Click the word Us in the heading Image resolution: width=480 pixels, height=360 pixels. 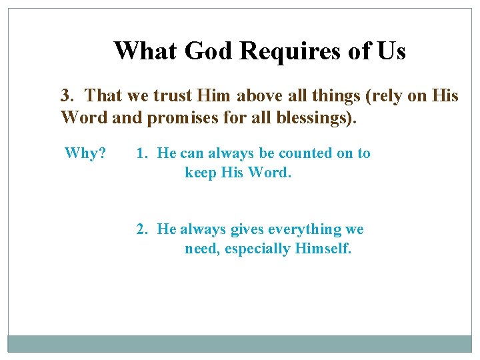[x=391, y=51]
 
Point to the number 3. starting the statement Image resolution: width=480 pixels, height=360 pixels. [x=69, y=96]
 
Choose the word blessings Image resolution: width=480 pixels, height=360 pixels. [x=317, y=118]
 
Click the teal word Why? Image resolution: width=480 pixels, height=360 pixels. [x=85, y=153]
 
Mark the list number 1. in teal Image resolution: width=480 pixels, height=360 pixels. [x=143, y=153]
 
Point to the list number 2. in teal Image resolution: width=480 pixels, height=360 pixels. [x=143, y=229]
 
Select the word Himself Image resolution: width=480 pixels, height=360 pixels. [x=323, y=249]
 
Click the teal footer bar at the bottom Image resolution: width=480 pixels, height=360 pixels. [x=239, y=343]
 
